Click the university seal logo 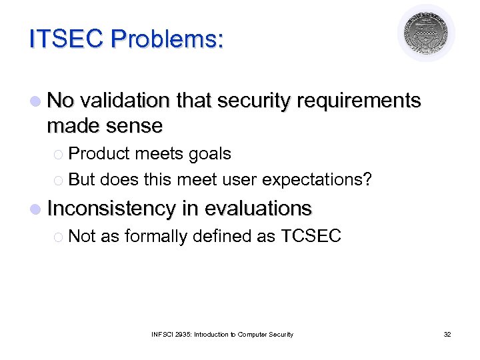tap(426, 33)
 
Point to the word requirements tap(359, 101)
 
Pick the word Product tap(99, 154)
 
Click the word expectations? tap(326, 179)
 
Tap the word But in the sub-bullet tap(82, 179)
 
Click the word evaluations tap(258, 209)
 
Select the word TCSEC tap(311, 236)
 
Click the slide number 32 tap(447, 334)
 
